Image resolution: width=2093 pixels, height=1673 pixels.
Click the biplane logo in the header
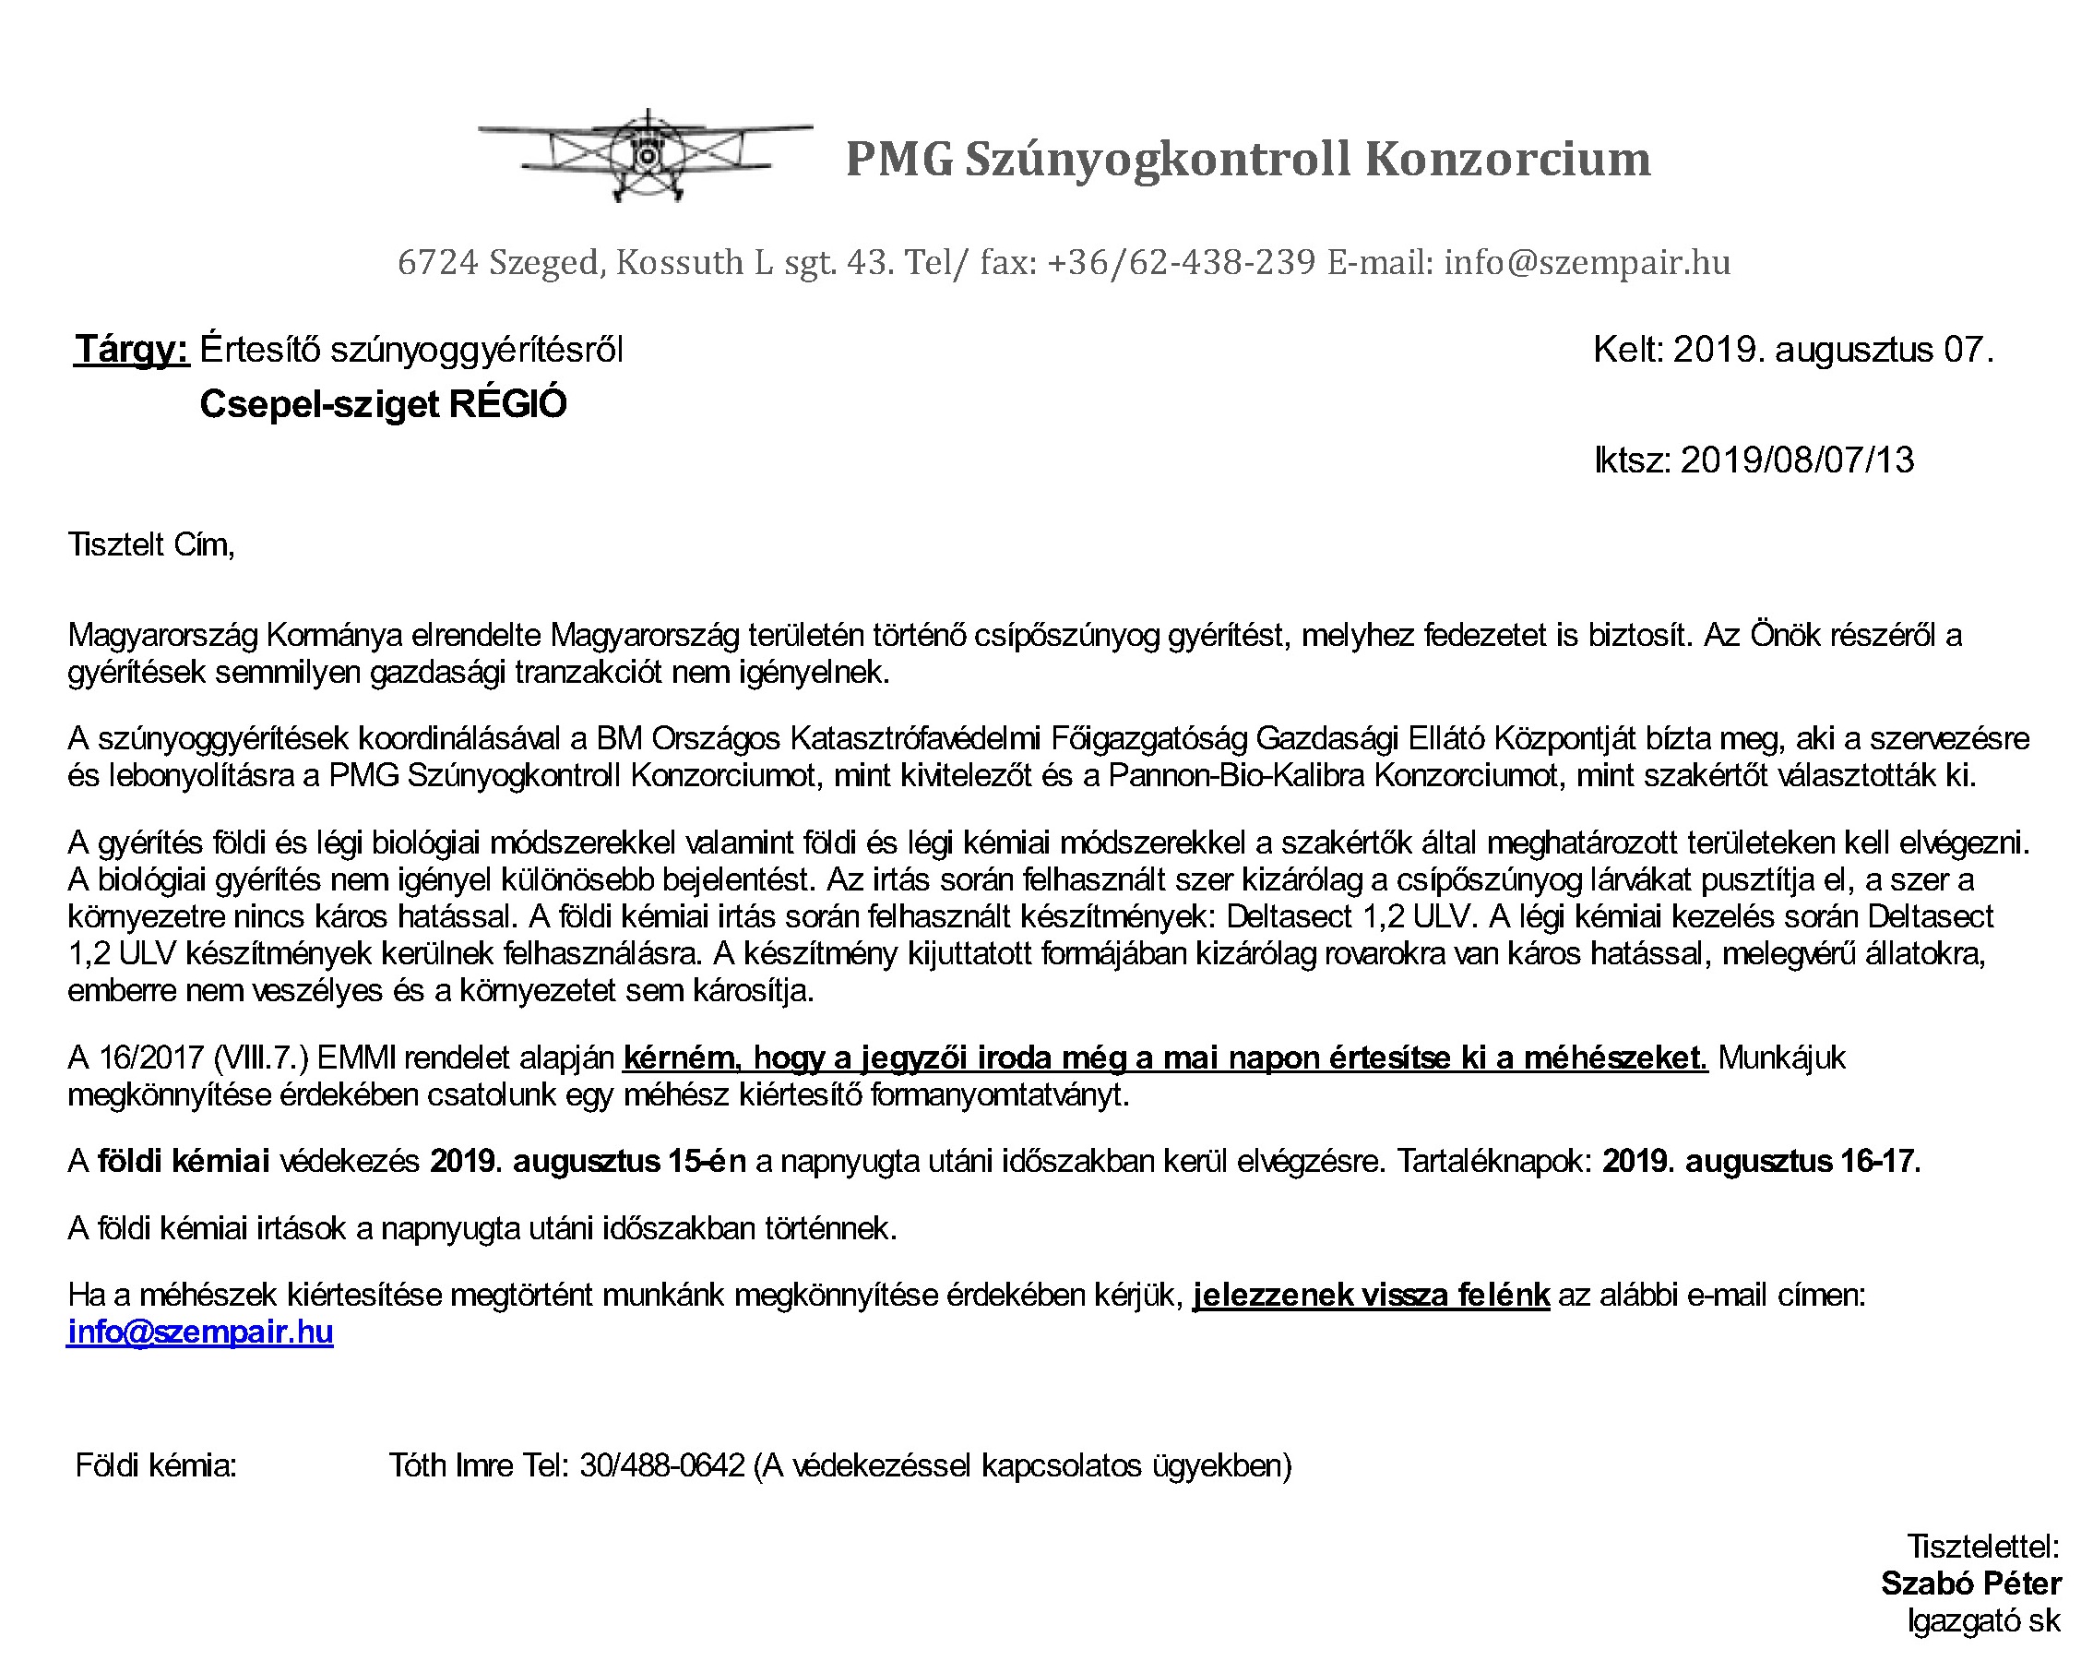(645, 155)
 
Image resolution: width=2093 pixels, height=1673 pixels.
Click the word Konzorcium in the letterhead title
(1506, 160)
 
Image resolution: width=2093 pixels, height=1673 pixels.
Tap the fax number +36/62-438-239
(1181, 262)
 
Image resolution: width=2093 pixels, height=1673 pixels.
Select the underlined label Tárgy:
(132, 350)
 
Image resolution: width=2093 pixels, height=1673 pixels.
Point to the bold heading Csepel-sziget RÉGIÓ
(383, 404)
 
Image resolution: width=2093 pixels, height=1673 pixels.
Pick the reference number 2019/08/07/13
(1797, 460)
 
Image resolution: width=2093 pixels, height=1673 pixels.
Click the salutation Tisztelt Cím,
(151, 544)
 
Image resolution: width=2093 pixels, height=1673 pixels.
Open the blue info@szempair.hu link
(200, 1332)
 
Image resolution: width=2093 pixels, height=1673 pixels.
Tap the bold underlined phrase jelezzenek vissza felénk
(1371, 1296)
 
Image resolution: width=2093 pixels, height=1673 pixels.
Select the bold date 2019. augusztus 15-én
(589, 1161)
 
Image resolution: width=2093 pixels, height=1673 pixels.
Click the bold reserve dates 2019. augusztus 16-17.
(1761, 1161)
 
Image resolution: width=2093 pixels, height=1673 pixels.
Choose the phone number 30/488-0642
(662, 1465)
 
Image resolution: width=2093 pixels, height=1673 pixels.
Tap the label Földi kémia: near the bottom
(156, 1465)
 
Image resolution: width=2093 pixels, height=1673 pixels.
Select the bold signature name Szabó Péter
(1970, 1583)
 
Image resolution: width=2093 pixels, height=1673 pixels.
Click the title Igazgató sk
(1982, 1620)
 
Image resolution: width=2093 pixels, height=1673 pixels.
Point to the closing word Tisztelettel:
(1982, 1546)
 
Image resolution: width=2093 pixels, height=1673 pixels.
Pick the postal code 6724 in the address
(438, 262)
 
